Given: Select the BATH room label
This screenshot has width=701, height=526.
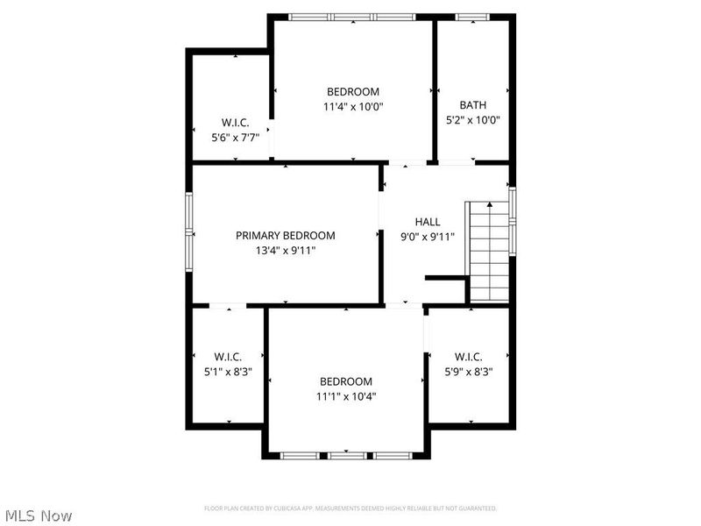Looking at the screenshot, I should [472, 105].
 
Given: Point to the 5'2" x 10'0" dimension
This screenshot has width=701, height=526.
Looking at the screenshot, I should [472, 120].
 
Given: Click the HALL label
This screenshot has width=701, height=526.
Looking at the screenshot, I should [428, 222].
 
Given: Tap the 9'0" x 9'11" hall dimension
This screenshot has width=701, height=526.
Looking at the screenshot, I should [428, 237].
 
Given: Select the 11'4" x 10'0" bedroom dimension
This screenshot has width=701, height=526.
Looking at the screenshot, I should [353, 106].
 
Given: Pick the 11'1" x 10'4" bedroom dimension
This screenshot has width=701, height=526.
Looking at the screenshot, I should [345, 396].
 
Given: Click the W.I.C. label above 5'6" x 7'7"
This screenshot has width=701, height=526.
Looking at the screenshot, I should [234, 123].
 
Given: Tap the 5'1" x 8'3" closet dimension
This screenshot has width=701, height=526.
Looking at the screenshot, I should [228, 372].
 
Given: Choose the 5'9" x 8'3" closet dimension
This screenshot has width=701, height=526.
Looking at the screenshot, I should [468, 371].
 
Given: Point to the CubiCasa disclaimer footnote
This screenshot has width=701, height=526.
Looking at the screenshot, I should [350, 508].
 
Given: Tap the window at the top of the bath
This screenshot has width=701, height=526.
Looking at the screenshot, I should [472, 17].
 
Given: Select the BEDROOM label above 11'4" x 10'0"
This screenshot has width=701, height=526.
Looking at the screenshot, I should [353, 92].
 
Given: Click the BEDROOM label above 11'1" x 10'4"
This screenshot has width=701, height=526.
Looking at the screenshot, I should [345, 381].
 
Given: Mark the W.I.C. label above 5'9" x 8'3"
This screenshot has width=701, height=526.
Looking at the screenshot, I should [468, 357].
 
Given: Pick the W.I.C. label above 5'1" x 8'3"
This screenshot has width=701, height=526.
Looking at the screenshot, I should [228, 357].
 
